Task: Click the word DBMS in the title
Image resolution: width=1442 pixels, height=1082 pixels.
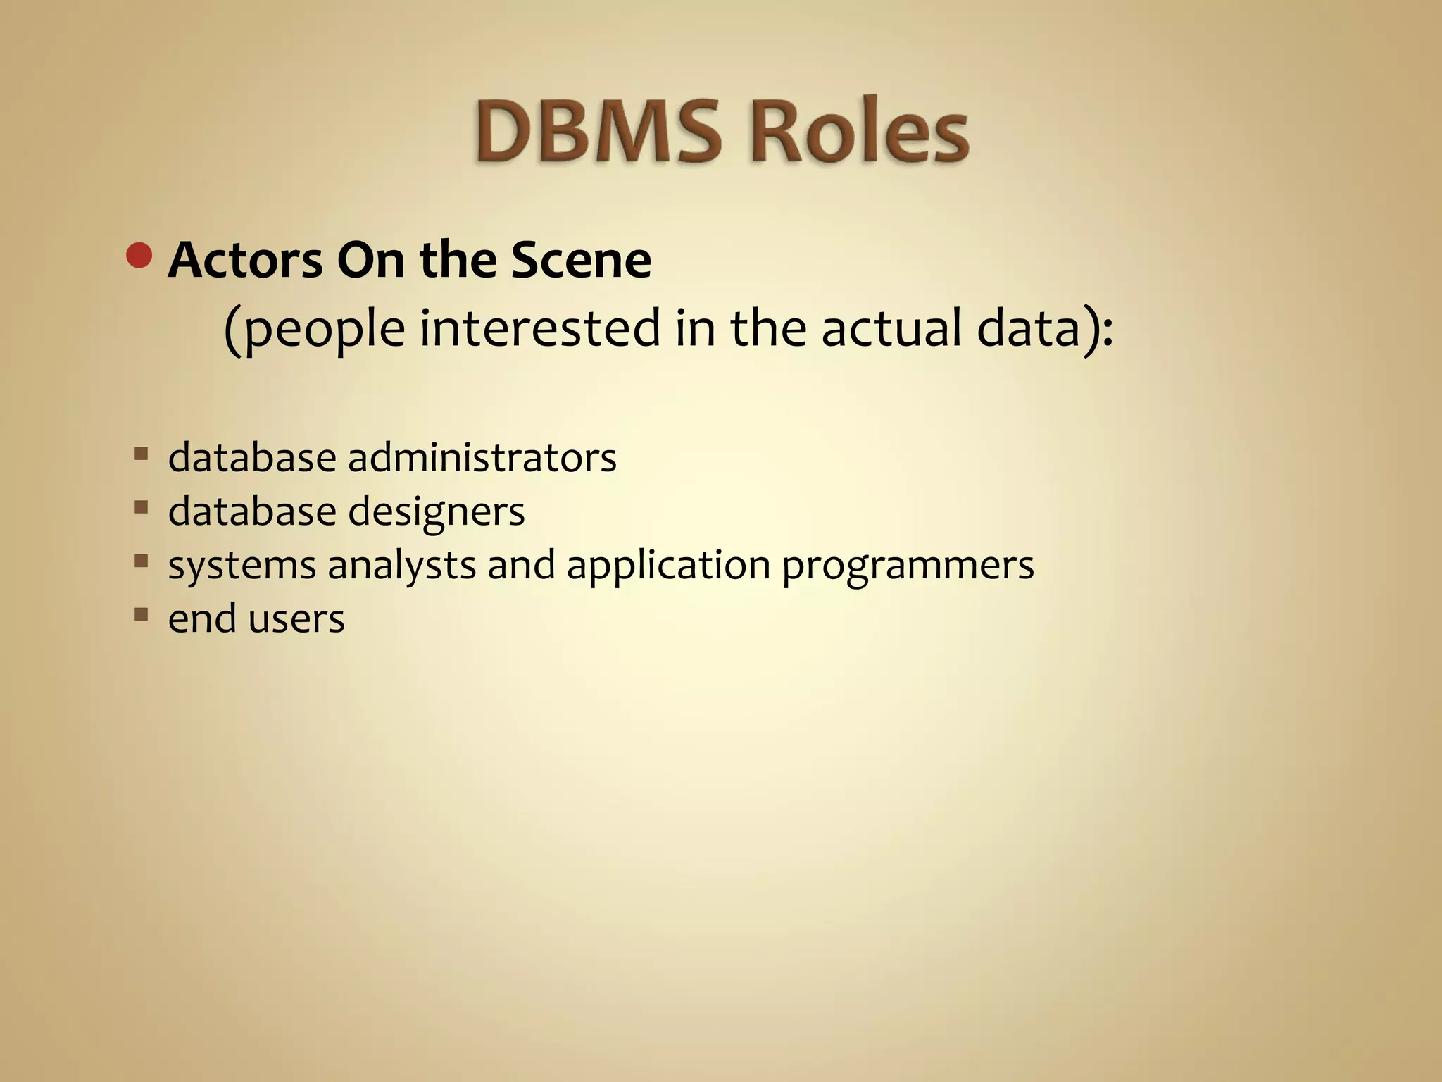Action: click(597, 132)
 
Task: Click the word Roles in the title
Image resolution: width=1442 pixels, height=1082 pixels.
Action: click(860, 132)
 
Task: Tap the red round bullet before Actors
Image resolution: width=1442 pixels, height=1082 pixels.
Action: click(139, 256)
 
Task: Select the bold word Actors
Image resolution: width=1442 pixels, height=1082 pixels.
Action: click(246, 261)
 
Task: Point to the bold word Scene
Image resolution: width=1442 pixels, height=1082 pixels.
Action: click(581, 261)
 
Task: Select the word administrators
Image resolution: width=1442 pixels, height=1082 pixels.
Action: click(482, 458)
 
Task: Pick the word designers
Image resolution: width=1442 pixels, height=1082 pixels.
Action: click(436, 512)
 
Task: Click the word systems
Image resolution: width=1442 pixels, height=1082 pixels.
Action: click(242, 566)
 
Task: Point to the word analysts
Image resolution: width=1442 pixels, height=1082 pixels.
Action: click(401, 566)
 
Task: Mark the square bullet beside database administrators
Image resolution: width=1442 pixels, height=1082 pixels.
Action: click(142, 453)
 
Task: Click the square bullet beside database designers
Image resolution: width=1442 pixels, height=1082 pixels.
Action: click(142, 507)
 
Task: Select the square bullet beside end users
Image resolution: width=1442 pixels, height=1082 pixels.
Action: click(142, 614)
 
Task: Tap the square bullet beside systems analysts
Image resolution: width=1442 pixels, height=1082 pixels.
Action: click(142, 561)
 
